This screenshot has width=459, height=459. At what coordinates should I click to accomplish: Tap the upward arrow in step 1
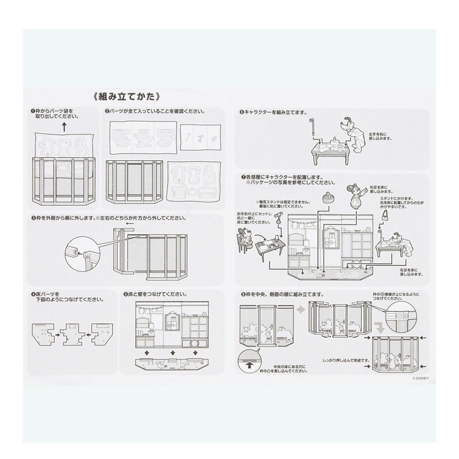(x=64, y=126)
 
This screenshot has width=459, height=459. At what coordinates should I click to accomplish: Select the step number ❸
(x=33, y=218)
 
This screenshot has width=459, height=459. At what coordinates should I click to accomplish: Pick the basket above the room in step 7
(x=327, y=197)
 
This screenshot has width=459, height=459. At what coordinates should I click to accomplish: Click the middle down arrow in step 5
(x=172, y=353)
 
